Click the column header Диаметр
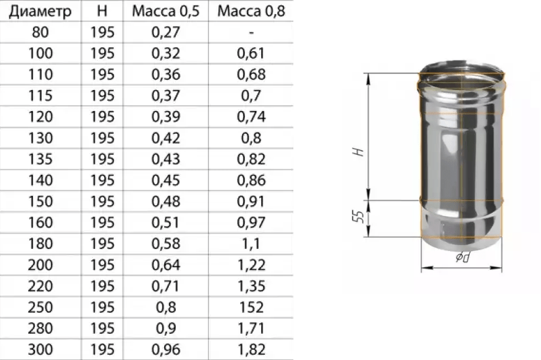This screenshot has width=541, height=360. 40,11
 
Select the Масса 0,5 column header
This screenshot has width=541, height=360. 166,11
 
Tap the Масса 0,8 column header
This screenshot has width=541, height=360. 251,11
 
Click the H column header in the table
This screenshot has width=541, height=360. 102,11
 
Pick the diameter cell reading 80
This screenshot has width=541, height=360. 40,32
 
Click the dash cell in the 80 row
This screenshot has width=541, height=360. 251,33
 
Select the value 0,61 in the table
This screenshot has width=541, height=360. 251,54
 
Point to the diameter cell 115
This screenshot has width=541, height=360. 40,96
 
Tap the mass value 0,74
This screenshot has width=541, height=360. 251,116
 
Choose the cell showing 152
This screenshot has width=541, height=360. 251,308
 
